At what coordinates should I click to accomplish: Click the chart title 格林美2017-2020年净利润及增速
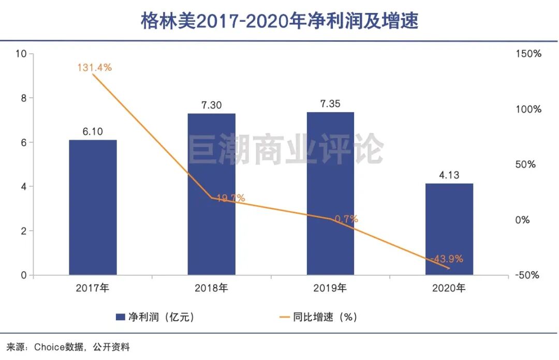pyautogui.click(x=279, y=21)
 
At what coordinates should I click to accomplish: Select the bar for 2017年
pyautogui.click(x=93, y=207)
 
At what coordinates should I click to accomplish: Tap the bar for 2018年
pyautogui.click(x=211, y=194)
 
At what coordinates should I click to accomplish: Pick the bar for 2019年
pyautogui.click(x=330, y=193)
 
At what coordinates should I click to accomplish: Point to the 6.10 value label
pyautogui.click(x=93, y=132)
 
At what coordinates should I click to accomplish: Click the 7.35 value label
pyautogui.click(x=330, y=104)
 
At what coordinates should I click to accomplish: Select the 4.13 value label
pyautogui.click(x=449, y=175)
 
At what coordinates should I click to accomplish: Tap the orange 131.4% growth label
pyautogui.click(x=95, y=67)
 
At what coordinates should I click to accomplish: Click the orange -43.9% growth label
pyautogui.click(x=447, y=259)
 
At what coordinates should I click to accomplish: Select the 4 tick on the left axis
pyautogui.click(x=24, y=187)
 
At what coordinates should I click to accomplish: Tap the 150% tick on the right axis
pyautogui.click(x=528, y=54)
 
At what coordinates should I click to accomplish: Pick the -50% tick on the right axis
pyautogui.click(x=526, y=275)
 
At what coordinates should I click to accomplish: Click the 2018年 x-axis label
pyautogui.click(x=211, y=288)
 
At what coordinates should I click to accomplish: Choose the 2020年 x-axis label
pyautogui.click(x=449, y=288)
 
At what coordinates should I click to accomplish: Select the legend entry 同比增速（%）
pyautogui.click(x=318, y=317)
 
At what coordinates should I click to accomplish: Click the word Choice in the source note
pyautogui.click(x=49, y=347)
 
